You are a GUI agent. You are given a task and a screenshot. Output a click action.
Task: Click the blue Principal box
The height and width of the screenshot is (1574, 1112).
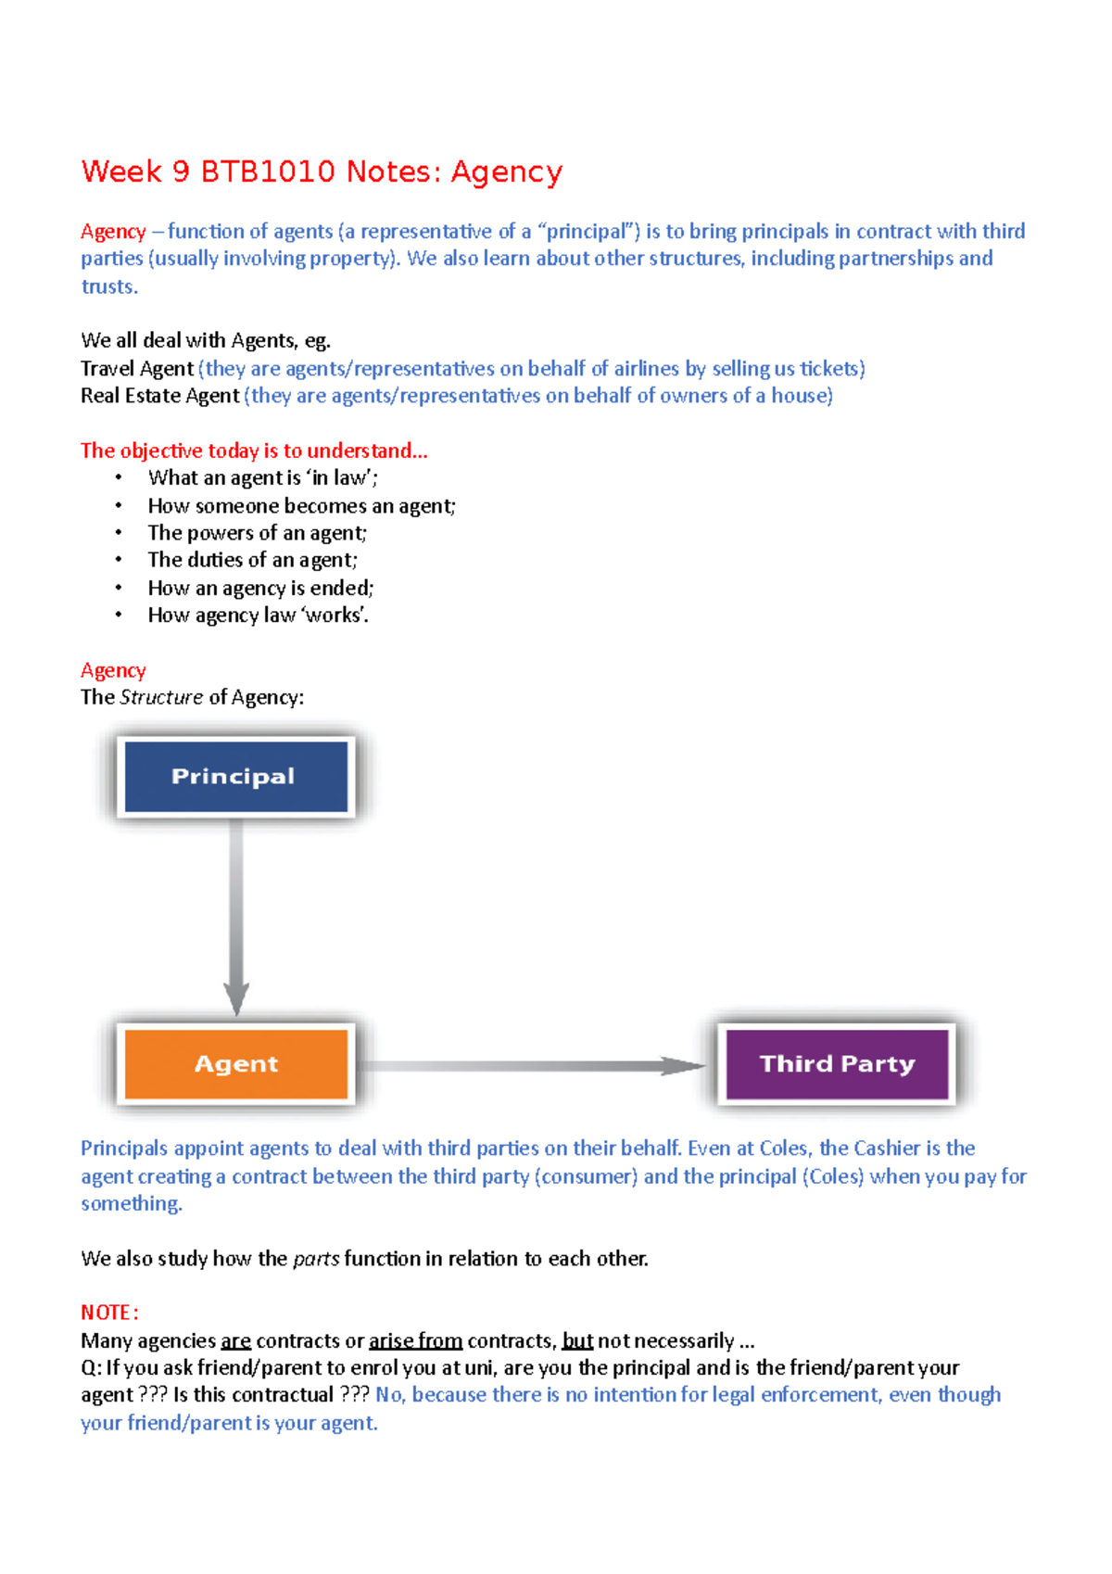[x=235, y=777]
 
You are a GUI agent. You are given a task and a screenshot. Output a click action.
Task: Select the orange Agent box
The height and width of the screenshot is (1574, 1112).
[x=235, y=1063]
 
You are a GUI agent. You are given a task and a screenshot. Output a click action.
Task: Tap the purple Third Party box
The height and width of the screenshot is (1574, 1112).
[x=837, y=1063]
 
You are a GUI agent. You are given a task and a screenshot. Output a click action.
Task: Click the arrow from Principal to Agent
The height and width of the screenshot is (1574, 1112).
[x=236, y=918]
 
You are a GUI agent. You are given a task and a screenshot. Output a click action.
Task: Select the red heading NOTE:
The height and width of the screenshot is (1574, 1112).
[x=109, y=1313]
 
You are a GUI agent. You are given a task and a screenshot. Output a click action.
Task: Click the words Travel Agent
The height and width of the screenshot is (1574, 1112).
[x=137, y=369]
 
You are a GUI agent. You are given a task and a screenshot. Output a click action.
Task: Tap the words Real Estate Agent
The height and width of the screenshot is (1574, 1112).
[x=159, y=396]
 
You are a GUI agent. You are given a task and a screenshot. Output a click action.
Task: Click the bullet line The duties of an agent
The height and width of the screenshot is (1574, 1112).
[x=252, y=560]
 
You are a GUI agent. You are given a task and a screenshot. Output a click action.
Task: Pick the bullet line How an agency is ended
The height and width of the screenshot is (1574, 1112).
[x=260, y=588]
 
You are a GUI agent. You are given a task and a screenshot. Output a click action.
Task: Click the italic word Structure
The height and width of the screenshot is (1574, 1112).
[x=161, y=697]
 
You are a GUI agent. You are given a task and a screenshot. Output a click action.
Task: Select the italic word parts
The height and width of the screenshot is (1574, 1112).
[x=315, y=1259]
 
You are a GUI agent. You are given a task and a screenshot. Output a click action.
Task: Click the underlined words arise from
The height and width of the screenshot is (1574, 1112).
[x=415, y=1340]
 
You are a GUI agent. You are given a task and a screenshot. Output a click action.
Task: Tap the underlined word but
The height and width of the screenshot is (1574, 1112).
[x=577, y=1340]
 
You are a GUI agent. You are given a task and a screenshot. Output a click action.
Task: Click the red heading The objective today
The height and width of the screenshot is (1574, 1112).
[x=253, y=451]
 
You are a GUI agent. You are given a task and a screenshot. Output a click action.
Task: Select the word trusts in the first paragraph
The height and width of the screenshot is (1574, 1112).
[x=107, y=286]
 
